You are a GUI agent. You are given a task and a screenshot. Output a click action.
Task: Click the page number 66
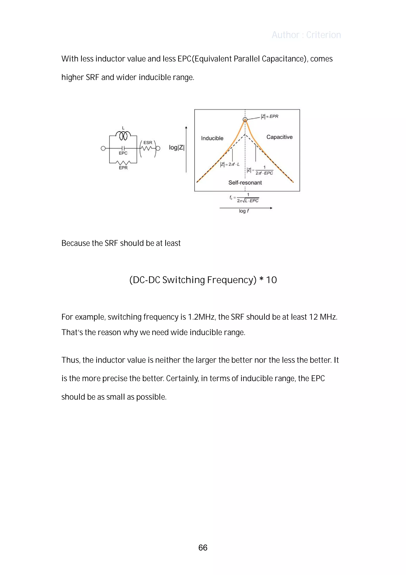point(203,547)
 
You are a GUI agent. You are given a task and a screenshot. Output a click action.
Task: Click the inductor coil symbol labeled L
point(123,136)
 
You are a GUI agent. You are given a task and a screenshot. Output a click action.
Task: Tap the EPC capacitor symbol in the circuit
point(123,148)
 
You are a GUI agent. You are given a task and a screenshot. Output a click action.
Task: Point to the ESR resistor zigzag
point(147,148)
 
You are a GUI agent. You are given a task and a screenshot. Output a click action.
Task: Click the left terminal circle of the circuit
point(103,148)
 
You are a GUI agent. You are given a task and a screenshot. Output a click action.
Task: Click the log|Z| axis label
point(177,147)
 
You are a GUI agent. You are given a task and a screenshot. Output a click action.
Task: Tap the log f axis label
point(244,211)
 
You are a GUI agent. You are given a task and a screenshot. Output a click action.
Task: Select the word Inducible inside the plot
point(212,138)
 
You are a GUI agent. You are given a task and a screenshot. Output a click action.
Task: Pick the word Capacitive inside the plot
point(279,137)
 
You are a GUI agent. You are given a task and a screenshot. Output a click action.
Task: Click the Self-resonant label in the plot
point(245,183)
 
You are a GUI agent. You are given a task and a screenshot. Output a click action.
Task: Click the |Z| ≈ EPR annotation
point(269,117)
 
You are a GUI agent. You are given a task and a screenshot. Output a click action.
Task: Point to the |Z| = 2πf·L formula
point(230,165)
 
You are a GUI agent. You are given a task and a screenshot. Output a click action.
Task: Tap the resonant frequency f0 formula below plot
point(244,198)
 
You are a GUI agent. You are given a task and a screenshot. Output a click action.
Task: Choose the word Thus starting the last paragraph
point(71,360)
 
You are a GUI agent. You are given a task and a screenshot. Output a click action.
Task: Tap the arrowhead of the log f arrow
point(271,208)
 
